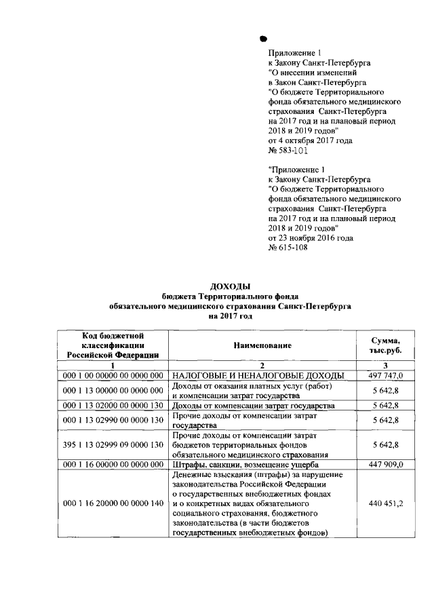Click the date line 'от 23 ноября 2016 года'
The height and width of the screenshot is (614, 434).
[x=311, y=237]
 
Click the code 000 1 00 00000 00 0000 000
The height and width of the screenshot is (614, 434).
[x=113, y=375]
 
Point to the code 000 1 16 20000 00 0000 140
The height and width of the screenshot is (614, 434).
[x=113, y=504]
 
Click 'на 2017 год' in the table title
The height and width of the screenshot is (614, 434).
[x=230, y=315]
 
